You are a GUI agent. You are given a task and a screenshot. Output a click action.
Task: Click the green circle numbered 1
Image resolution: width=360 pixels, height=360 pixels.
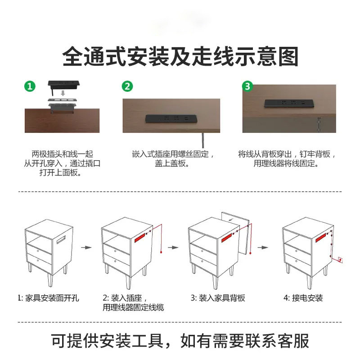tap(30, 86)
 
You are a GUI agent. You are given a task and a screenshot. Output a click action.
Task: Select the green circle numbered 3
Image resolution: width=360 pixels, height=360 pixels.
tap(247, 86)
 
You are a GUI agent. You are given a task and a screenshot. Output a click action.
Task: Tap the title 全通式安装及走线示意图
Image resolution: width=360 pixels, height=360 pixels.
tap(180, 57)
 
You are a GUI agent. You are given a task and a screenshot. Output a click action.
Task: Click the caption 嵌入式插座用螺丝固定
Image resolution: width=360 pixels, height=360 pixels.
tap(173, 154)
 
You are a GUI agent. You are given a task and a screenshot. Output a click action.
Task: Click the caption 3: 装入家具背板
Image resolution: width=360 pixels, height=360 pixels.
tap(218, 298)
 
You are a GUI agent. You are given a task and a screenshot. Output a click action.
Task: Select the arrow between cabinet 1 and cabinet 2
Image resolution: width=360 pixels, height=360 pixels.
tap(86, 247)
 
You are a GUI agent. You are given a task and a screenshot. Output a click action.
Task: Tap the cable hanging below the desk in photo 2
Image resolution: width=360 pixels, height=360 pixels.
tap(203, 139)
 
